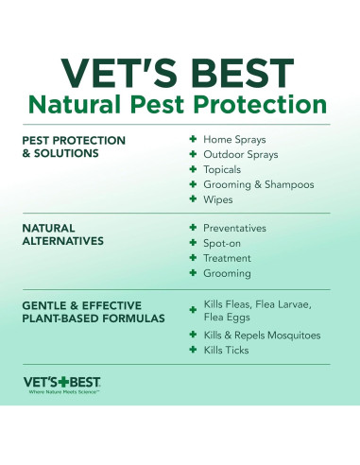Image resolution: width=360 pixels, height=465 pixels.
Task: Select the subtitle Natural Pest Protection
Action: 180,104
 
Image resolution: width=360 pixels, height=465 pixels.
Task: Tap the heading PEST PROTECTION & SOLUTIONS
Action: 74,146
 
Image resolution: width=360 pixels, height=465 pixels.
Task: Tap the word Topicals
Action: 225,169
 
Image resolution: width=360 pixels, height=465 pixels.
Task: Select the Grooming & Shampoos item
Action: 258,184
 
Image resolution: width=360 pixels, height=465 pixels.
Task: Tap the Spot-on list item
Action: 225,243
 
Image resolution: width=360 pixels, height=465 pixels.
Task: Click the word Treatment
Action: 228,258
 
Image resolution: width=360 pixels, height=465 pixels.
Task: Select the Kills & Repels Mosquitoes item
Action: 262,335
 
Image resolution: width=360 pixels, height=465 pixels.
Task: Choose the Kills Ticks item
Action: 228,350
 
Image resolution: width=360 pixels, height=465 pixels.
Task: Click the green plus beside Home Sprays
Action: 192,139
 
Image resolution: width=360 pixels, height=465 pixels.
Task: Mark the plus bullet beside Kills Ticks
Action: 192,350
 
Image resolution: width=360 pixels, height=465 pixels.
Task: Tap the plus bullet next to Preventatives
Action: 192,228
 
